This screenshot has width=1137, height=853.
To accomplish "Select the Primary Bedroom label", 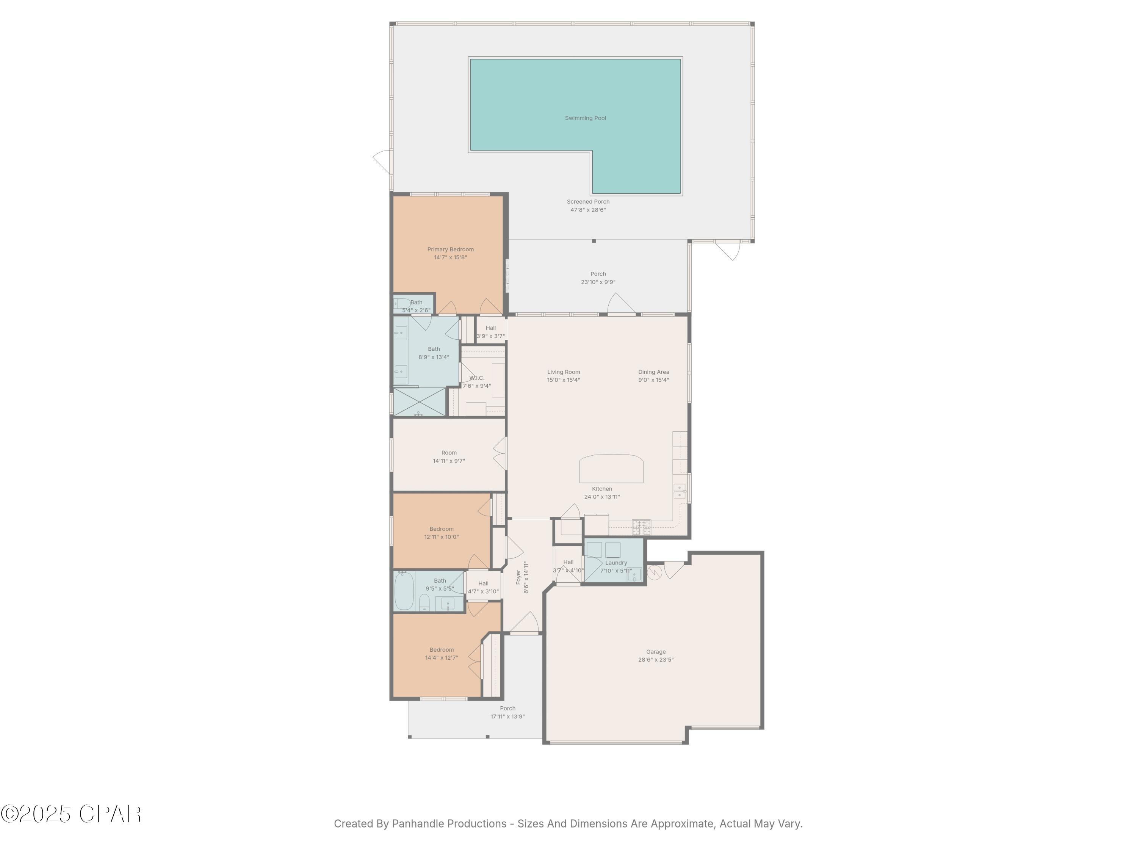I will tap(450, 249).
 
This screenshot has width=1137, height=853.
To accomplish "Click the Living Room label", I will tap(563, 372).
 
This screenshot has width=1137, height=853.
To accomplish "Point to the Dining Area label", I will tap(653, 372).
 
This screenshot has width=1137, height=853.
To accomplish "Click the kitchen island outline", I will tap(611, 469).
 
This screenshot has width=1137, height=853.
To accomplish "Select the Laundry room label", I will tap(616, 563).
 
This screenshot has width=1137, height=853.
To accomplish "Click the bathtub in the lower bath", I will tap(404, 592).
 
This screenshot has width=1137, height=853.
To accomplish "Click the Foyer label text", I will tap(518, 577).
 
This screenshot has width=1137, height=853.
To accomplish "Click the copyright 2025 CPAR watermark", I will tap(71, 814).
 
